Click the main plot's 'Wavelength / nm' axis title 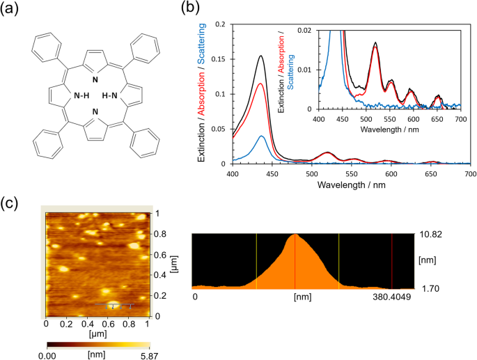tap(351, 187)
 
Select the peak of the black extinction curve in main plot tap(261, 56)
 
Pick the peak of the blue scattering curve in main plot tap(262, 136)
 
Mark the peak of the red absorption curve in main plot tap(261, 84)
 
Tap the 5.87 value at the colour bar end tap(141, 354)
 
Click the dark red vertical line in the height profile tap(392, 260)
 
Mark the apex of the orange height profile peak tap(295, 235)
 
